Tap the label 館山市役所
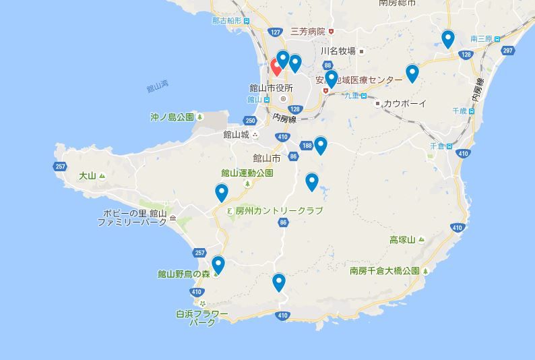click(x=272, y=88)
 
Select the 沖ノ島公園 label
click(x=172, y=117)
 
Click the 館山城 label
click(x=237, y=134)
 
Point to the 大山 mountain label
click(x=88, y=176)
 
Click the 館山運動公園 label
click(x=247, y=173)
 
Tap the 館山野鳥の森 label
click(x=183, y=274)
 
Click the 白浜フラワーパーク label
click(x=202, y=318)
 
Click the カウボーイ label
click(x=404, y=103)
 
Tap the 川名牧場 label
click(x=338, y=51)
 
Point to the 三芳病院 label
click(x=307, y=32)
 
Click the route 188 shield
click(x=307, y=146)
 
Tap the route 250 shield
click(x=251, y=121)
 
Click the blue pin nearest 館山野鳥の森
click(x=218, y=265)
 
